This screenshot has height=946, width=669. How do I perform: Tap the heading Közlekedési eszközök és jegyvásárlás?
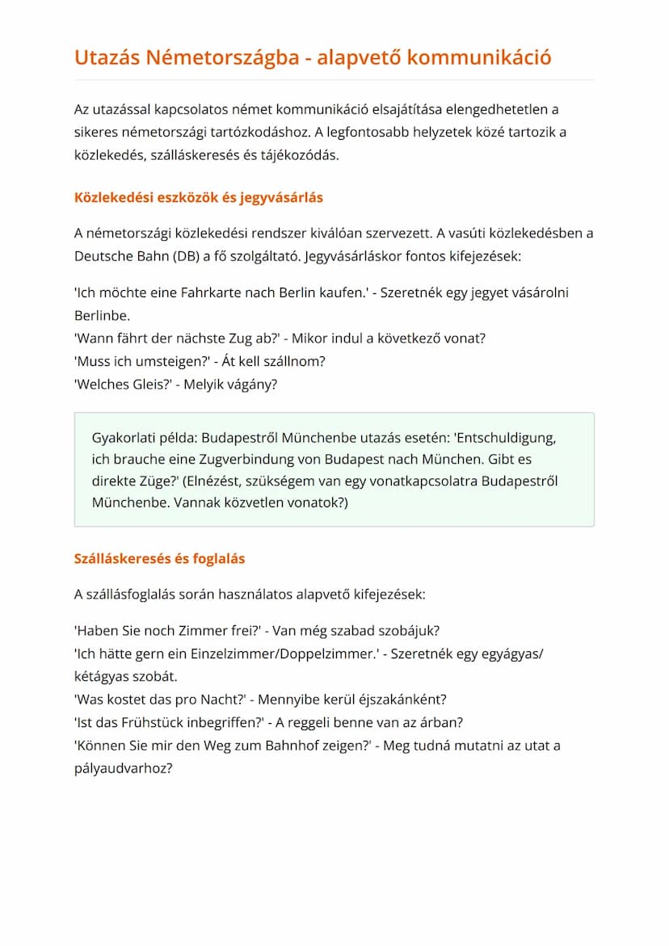(x=199, y=197)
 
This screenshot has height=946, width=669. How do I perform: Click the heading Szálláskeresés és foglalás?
(x=159, y=558)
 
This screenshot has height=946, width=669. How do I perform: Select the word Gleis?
(x=148, y=385)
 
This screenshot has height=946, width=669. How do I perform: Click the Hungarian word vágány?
(x=251, y=385)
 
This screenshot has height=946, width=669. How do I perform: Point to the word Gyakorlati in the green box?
(x=125, y=439)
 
